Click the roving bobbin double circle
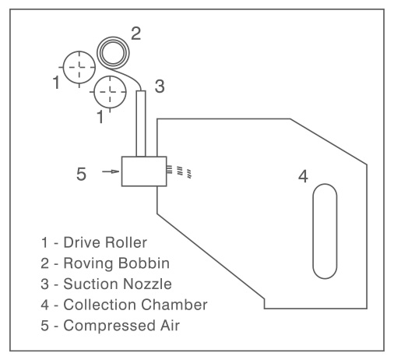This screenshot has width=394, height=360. [x=113, y=37]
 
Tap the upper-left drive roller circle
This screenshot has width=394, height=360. [x=79, y=51]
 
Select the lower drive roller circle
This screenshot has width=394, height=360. [x=110, y=76]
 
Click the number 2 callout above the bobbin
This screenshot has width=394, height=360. [x=136, y=34]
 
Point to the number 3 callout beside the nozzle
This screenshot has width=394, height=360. [x=160, y=86]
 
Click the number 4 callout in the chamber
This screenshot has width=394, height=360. [x=303, y=176]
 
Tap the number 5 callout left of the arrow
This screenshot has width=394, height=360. [x=81, y=174]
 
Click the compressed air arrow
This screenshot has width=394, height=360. [x=111, y=171]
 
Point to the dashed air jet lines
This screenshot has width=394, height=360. [x=179, y=171]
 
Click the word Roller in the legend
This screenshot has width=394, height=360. [x=126, y=242]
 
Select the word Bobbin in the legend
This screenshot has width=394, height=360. [x=142, y=263]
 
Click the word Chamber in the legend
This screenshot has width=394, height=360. [x=174, y=305]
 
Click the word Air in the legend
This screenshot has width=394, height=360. [x=170, y=325]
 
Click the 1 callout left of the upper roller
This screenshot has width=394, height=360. [x=56, y=82]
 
